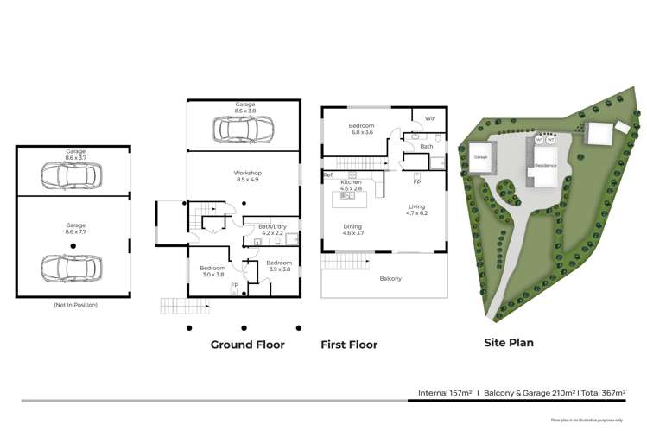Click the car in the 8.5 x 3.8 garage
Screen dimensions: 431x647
click(x=244, y=130)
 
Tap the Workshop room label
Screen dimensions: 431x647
click(x=247, y=176)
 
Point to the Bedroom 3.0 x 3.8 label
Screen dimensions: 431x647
click(x=212, y=270)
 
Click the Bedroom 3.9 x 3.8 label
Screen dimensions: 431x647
click(x=278, y=265)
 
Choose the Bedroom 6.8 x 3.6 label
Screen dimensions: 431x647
click(x=360, y=129)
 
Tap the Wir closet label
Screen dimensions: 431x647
click(x=429, y=118)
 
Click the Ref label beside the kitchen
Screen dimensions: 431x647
click(x=328, y=175)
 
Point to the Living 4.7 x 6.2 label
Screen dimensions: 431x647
click(x=416, y=209)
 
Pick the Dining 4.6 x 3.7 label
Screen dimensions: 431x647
click(x=353, y=230)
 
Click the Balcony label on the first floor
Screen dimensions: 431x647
click(x=390, y=278)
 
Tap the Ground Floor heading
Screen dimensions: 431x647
click(x=248, y=345)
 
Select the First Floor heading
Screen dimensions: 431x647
click(x=349, y=345)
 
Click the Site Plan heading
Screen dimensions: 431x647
click(x=508, y=343)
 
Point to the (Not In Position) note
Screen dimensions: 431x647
click(x=74, y=305)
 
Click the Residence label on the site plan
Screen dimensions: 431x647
click(x=545, y=164)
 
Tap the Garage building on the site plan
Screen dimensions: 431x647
click(x=480, y=158)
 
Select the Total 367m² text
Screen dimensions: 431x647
click(x=604, y=392)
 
